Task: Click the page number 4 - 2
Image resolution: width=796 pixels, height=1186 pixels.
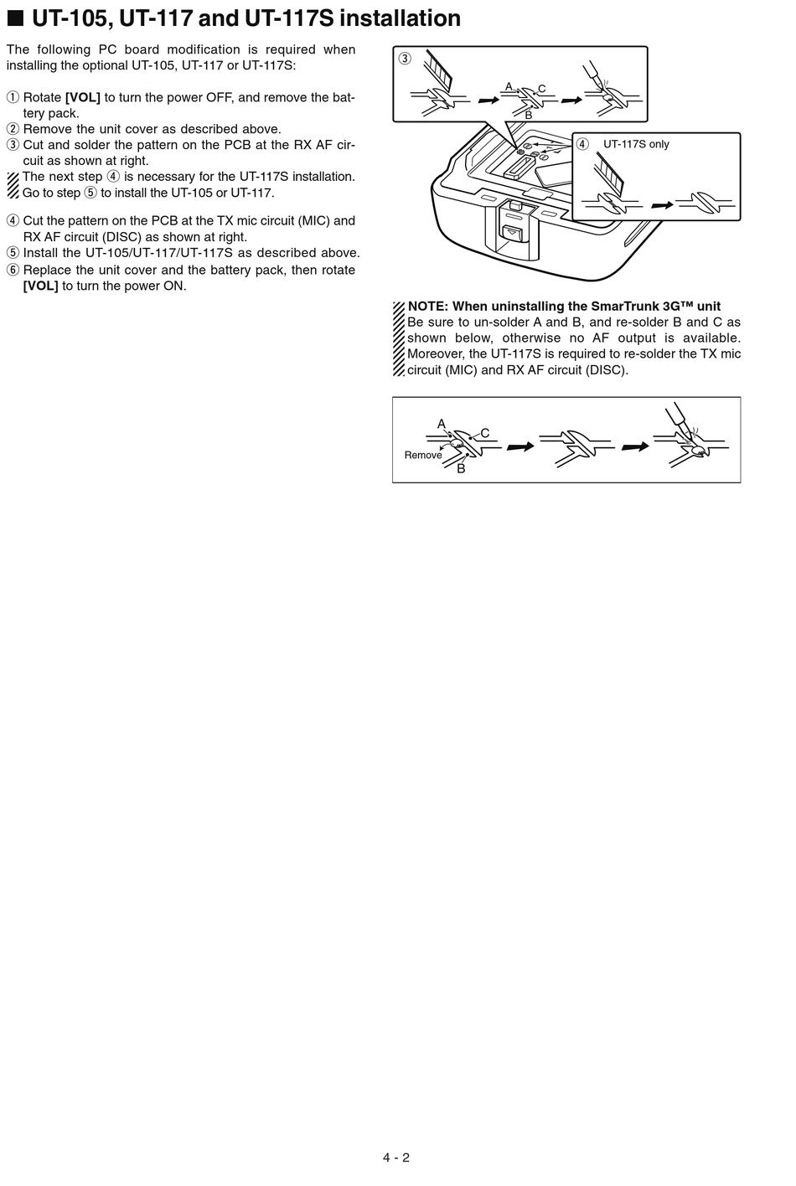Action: coord(395,1158)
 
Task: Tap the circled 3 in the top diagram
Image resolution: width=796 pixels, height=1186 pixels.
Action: coord(405,59)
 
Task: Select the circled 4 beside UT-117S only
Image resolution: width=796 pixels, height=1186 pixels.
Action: coord(582,144)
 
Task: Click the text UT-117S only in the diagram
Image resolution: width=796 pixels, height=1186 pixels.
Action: coord(636,144)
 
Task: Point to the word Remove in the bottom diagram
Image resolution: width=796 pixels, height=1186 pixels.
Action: coord(422,455)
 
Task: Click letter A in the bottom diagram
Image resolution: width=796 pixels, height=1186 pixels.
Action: coord(442,424)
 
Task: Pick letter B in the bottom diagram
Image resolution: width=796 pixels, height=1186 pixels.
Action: coord(461,469)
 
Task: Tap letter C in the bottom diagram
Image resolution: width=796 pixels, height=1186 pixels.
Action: coord(484,433)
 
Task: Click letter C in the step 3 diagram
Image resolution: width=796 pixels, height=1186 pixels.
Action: coord(541,89)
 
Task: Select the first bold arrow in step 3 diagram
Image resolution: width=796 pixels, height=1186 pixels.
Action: coord(487,100)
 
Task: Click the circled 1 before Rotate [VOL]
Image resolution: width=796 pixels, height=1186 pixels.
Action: coord(13,97)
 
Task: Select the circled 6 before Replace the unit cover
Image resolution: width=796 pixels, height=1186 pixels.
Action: coord(13,270)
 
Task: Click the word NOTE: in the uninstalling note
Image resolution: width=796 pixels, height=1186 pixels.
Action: coord(428,306)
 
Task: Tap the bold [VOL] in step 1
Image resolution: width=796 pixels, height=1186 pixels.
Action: coord(82,97)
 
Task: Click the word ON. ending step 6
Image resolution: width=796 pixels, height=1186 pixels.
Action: coord(173,286)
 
